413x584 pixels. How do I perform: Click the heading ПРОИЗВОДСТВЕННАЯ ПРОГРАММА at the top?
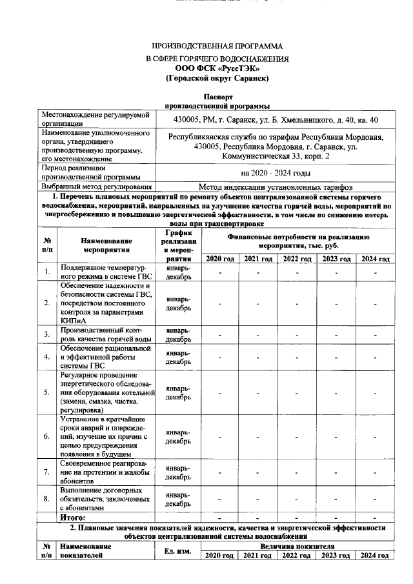[x=217, y=46]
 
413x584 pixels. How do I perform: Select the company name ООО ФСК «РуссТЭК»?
[x=217, y=68]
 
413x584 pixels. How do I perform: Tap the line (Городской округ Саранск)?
[x=217, y=78]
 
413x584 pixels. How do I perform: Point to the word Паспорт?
[x=217, y=96]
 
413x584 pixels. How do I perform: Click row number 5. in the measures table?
[x=47, y=392]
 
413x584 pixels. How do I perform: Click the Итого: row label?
[x=73, y=517]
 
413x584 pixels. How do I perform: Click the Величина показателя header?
[x=297, y=545]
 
